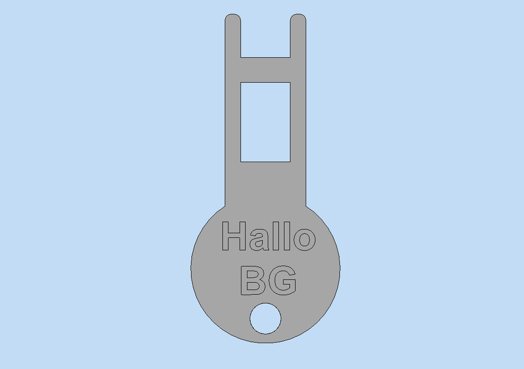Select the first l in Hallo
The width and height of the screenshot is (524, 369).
[x=276, y=236]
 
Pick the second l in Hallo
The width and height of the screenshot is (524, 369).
[x=287, y=236]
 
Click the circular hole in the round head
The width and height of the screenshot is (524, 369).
[x=265, y=319]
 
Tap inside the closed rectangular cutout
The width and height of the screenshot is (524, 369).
[x=265, y=122]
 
